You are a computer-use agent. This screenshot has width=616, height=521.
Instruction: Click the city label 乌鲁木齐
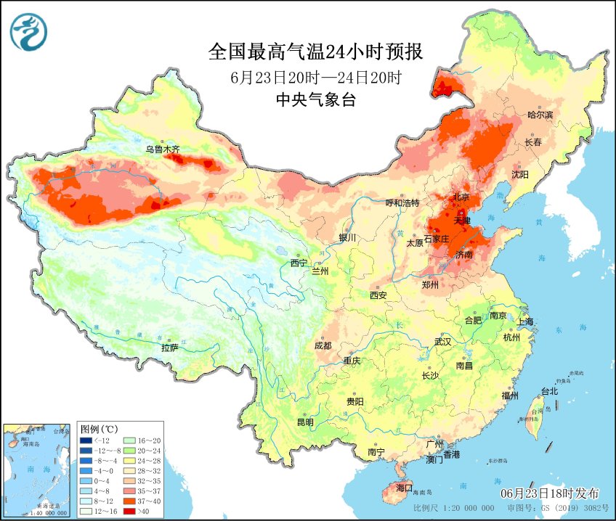click(161, 149)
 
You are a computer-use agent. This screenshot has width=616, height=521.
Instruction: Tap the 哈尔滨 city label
click(540, 115)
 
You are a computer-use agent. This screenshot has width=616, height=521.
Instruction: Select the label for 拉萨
click(169, 348)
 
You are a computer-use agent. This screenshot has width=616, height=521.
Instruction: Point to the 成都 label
click(323, 345)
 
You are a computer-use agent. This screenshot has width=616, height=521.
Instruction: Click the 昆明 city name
click(304, 422)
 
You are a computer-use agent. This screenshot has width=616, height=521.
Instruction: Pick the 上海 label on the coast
click(526, 321)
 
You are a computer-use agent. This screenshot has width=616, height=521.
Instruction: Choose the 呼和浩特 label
click(402, 203)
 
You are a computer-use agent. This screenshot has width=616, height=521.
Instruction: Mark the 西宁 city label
click(299, 262)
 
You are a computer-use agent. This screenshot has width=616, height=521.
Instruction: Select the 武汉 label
click(442, 341)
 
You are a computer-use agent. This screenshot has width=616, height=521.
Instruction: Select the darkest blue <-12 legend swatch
click(86, 440)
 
